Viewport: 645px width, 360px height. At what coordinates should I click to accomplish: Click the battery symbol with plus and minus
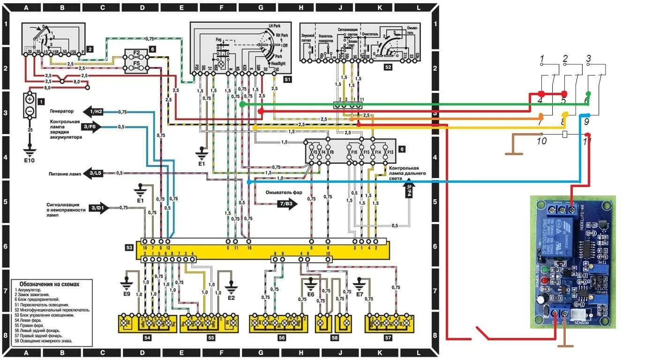point(30,105)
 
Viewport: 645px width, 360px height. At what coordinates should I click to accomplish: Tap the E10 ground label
point(30,160)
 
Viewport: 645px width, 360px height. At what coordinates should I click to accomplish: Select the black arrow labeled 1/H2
point(93,111)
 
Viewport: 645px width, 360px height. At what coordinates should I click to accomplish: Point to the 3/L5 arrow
point(93,173)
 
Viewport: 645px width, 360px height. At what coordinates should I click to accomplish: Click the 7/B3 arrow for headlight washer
point(286,204)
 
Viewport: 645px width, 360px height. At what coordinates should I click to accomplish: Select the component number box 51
point(287,80)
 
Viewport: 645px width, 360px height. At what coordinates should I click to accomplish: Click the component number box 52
point(388,67)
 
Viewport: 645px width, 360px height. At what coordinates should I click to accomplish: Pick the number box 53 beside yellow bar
point(129,247)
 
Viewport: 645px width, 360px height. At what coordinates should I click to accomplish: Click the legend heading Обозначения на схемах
point(50,284)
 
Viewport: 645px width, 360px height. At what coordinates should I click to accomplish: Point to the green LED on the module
point(544,270)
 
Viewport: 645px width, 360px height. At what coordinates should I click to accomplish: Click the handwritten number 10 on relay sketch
point(541,141)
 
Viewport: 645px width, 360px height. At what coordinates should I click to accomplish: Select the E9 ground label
point(127,293)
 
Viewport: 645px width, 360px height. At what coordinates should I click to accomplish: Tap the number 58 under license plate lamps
point(334,337)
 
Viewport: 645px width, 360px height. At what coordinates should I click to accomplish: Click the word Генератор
point(62,111)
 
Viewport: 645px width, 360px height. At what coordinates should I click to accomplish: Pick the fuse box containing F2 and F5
point(136,61)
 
